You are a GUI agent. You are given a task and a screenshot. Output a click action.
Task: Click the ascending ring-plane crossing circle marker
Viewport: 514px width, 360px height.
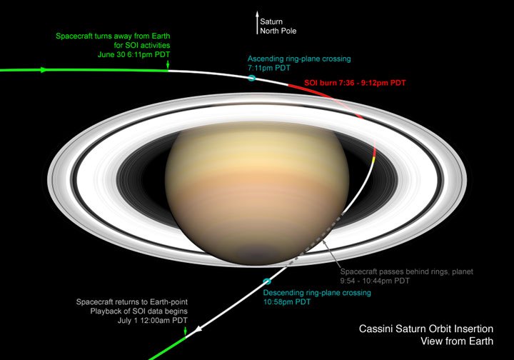[251, 76]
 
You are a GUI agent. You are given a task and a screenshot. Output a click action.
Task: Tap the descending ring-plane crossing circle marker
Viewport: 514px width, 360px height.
[267, 282]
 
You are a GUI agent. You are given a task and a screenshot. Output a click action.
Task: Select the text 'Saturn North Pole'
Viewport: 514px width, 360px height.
[278, 26]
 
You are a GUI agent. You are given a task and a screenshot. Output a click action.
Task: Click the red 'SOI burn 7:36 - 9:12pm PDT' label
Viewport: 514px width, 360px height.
[355, 84]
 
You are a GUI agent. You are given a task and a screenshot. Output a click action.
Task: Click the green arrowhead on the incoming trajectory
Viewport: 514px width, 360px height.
[44, 70]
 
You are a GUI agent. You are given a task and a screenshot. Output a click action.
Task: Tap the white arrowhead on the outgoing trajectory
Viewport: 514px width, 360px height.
[198, 329]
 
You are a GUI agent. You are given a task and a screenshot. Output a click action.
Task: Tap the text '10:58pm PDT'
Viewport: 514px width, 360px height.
[287, 302]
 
